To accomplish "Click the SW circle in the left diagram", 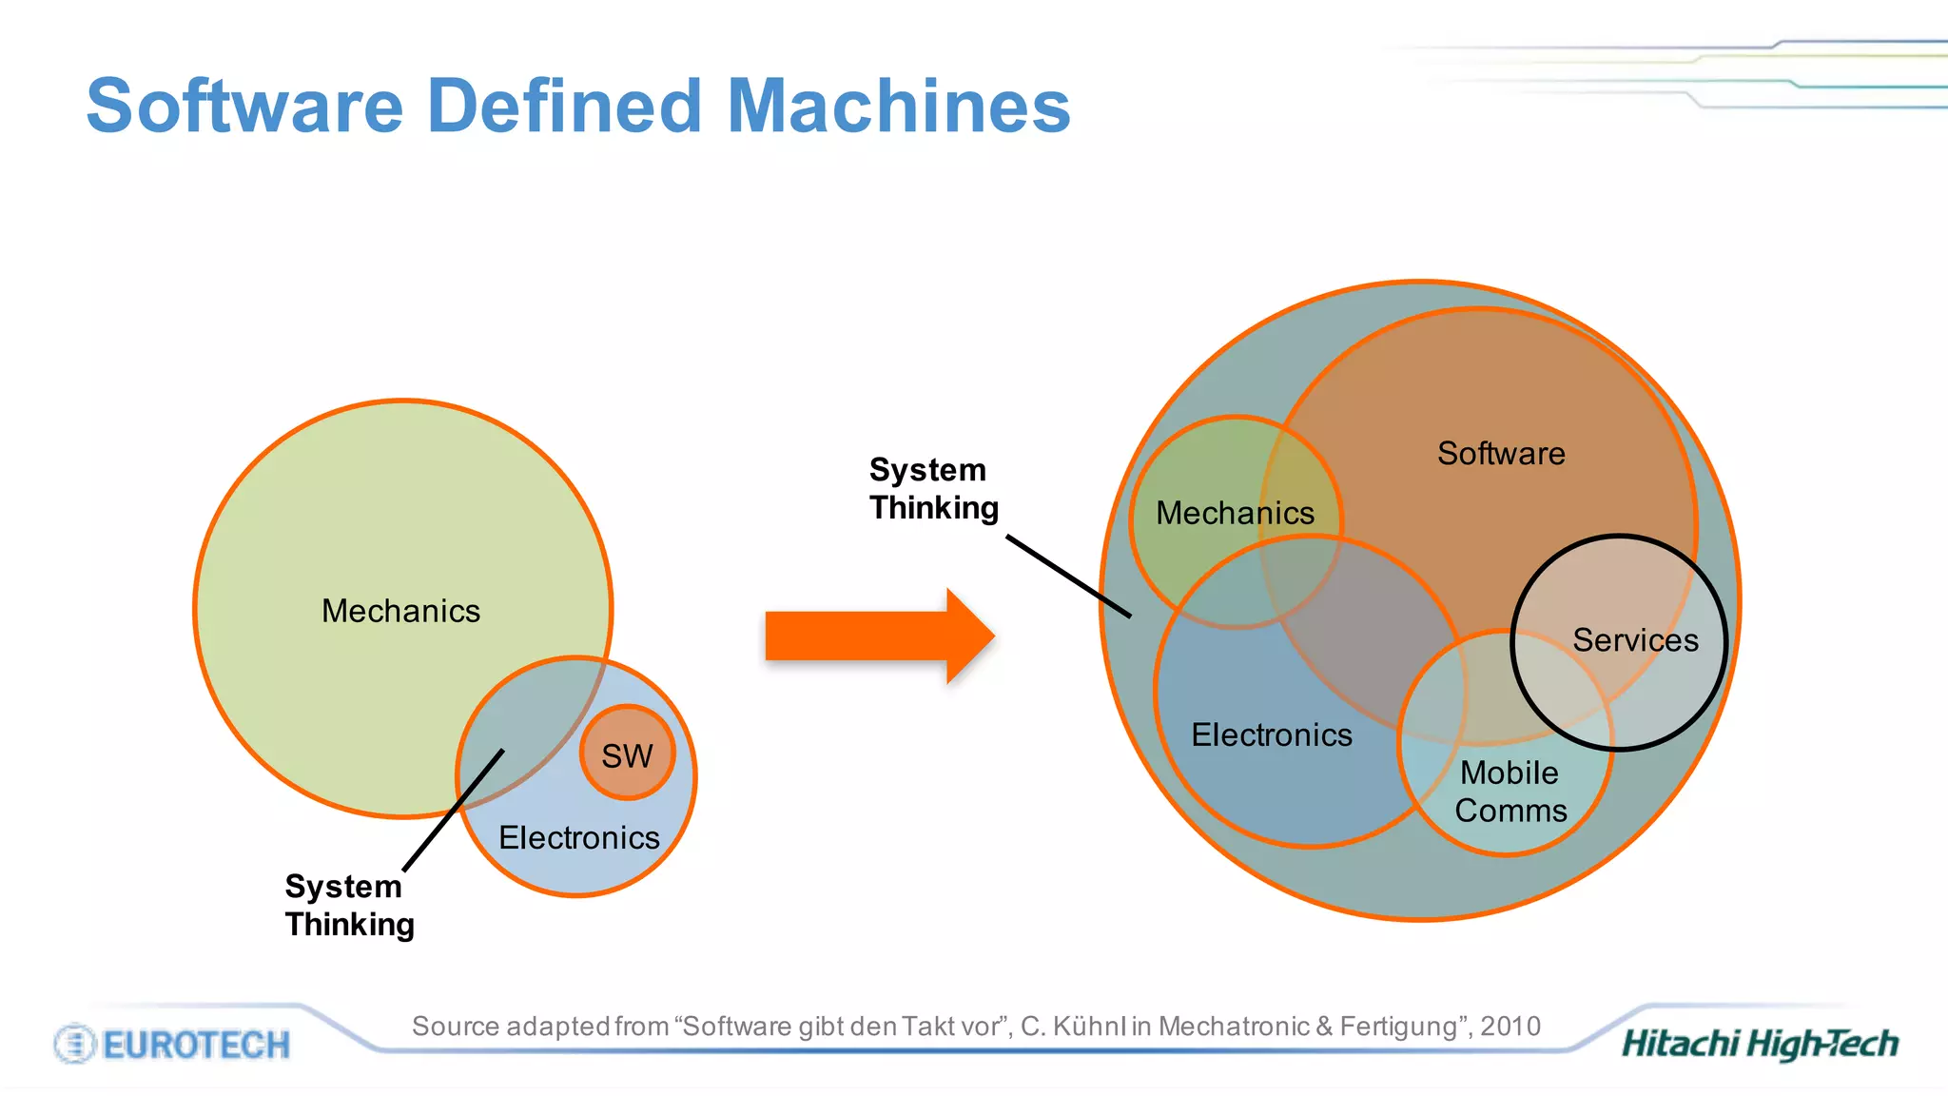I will pyautogui.click(x=627, y=754).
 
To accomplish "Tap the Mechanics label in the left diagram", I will pyautogui.click(x=400, y=611).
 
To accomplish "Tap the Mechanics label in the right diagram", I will pyautogui.click(x=1235, y=513).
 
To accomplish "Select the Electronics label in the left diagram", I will pyautogui.click(x=578, y=837).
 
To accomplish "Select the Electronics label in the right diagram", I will pyautogui.click(x=1271, y=734).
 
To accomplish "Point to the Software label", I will pyautogui.click(x=1500, y=453).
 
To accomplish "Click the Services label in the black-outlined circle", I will pyautogui.click(x=1634, y=640).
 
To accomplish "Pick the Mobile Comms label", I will pyautogui.click(x=1510, y=792).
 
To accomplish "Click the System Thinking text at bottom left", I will pyautogui.click(x=349, y=905).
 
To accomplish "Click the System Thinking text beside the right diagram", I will pyautogui.click(x=933, y=489).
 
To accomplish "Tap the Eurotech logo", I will pyautogui.click(x=172, y=1045).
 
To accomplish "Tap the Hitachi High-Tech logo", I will pyautogui.click(x=1760, y=1044).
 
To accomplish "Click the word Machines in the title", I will pyautogui.click(x=898, y=106).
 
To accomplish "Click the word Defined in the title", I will pyautogui.click(x=565, y=106).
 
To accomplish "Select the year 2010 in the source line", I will pyautogui.click(x=1510, y=1027).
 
